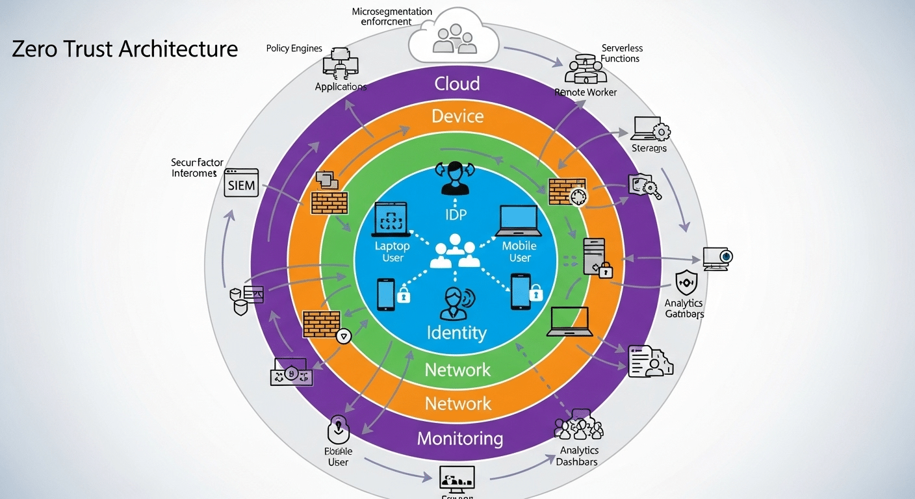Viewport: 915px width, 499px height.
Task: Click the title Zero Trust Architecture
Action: tap(125, 49)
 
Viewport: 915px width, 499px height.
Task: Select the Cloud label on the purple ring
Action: tap(457, 83)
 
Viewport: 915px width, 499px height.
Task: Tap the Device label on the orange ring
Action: tap(457, 116)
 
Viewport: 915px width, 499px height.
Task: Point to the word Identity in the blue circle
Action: tap(456, 333)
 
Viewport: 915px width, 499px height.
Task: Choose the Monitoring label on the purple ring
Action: tap(459, 438)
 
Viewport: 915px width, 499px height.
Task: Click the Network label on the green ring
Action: tap(457, 370)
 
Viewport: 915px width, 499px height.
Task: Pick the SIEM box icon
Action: tap(241, 185)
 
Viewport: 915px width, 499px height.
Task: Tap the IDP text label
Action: tap(456, 215)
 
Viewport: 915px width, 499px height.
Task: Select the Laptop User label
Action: tap(393, 252)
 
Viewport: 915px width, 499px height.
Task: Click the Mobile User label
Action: tap(519, 252)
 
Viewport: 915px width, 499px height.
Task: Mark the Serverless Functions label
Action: tap(621, 53)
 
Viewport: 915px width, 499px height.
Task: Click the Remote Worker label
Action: tap(586, 92)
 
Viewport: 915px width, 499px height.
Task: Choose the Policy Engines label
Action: tap(294, 49)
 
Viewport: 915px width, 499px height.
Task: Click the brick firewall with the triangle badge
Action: tap(324, 325)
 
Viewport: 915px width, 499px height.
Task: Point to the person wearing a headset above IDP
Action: tap(455, 178)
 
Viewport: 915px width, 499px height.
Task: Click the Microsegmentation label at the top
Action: tap(391, 16)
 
